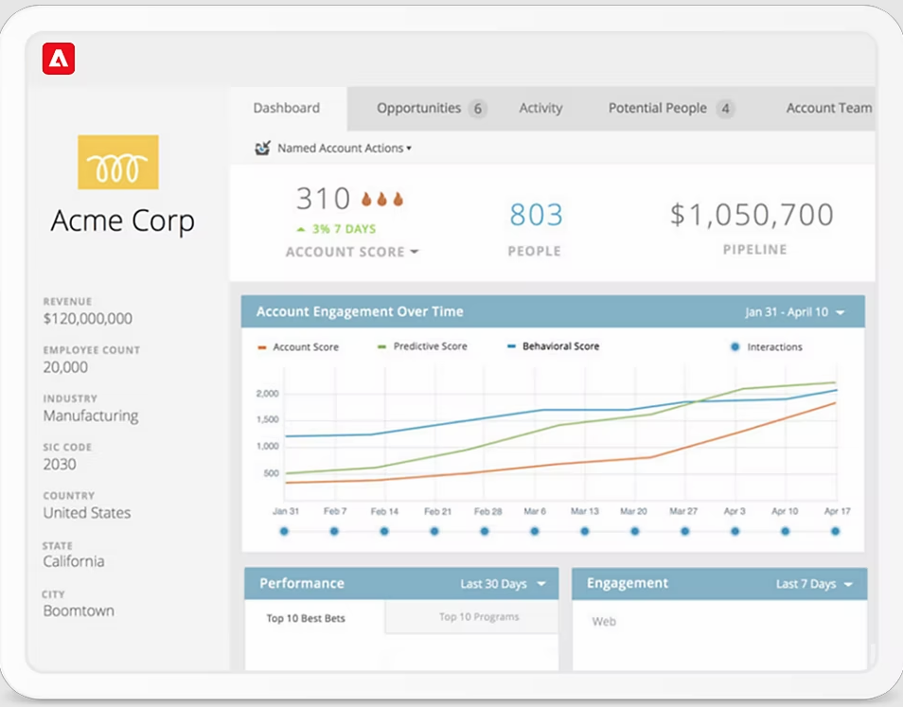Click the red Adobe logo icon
pos(59,59)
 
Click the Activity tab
pos(540,108)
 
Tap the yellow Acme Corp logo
pos(117,162)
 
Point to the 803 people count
pos(536,216)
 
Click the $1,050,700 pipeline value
pos(752,215)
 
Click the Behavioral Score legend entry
pos(559,346)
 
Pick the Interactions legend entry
pos(772,347)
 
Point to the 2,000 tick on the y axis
pos(267,393)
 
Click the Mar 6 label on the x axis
pos(536,511)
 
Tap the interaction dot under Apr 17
pos(835,531)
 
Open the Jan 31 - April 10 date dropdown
pos(794,312)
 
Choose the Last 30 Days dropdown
pos(503,584)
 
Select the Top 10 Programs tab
pos(478,617)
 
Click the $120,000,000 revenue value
pos(87,319)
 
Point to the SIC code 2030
pos(60,464)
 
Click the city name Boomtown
pos(79,610)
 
